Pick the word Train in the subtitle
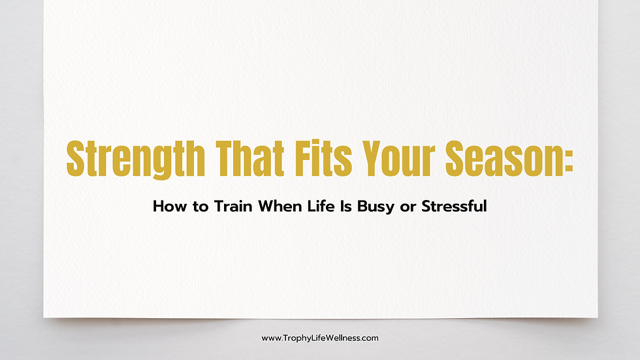(234, 207)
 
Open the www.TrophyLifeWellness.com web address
(320, 338)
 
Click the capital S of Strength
(75, 158)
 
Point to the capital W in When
(266, 207)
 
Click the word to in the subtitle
(200, 207)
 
